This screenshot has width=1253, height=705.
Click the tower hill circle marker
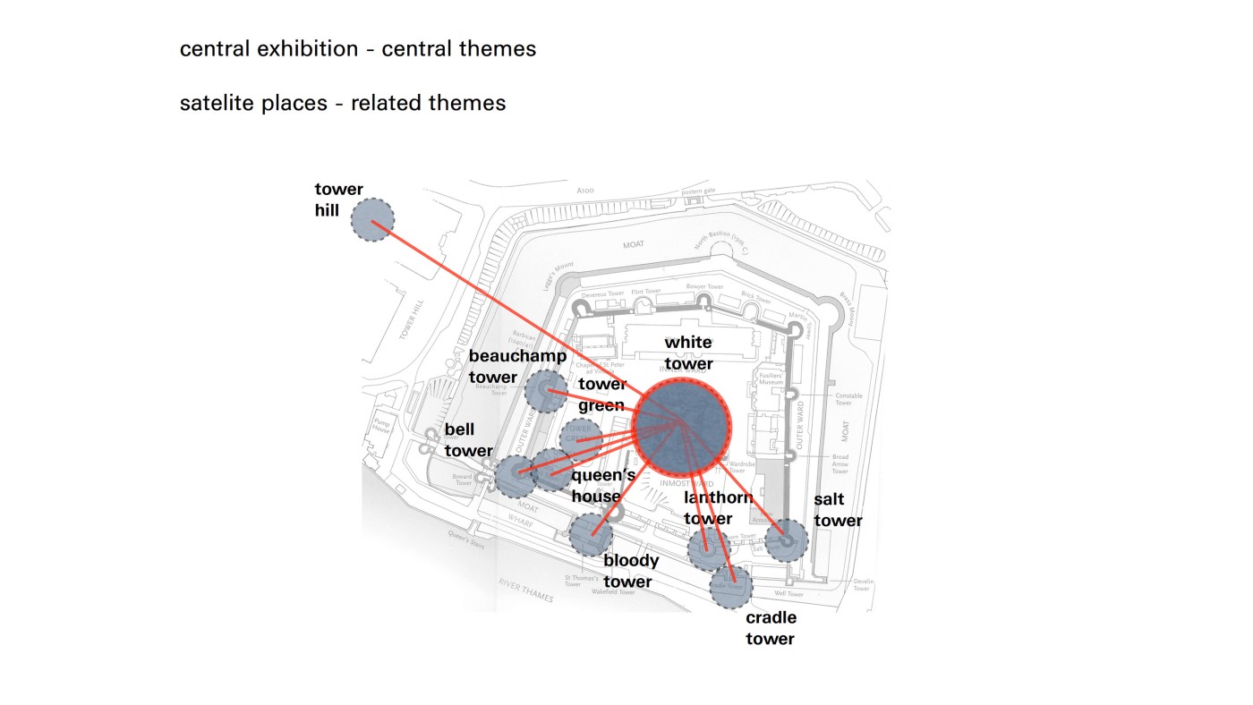pos(372,220)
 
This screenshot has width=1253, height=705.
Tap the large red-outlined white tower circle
pos(682,426)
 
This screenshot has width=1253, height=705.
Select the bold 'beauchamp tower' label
pos(517,366)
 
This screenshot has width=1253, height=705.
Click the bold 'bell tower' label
pos(469,440)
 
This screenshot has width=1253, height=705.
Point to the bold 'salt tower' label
pos(838,510)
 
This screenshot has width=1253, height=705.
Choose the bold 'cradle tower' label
pos(771,628)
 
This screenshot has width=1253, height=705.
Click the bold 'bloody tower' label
pos(631,571)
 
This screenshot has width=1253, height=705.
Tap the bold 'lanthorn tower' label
pos(718,508)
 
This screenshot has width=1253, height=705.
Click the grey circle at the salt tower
pos(787,539)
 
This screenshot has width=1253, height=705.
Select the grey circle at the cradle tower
pos(731,585)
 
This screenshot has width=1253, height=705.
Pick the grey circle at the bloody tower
pos(592,534)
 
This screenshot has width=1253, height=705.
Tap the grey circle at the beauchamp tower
pos(546,392)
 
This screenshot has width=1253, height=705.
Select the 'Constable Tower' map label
pos(848,399)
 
